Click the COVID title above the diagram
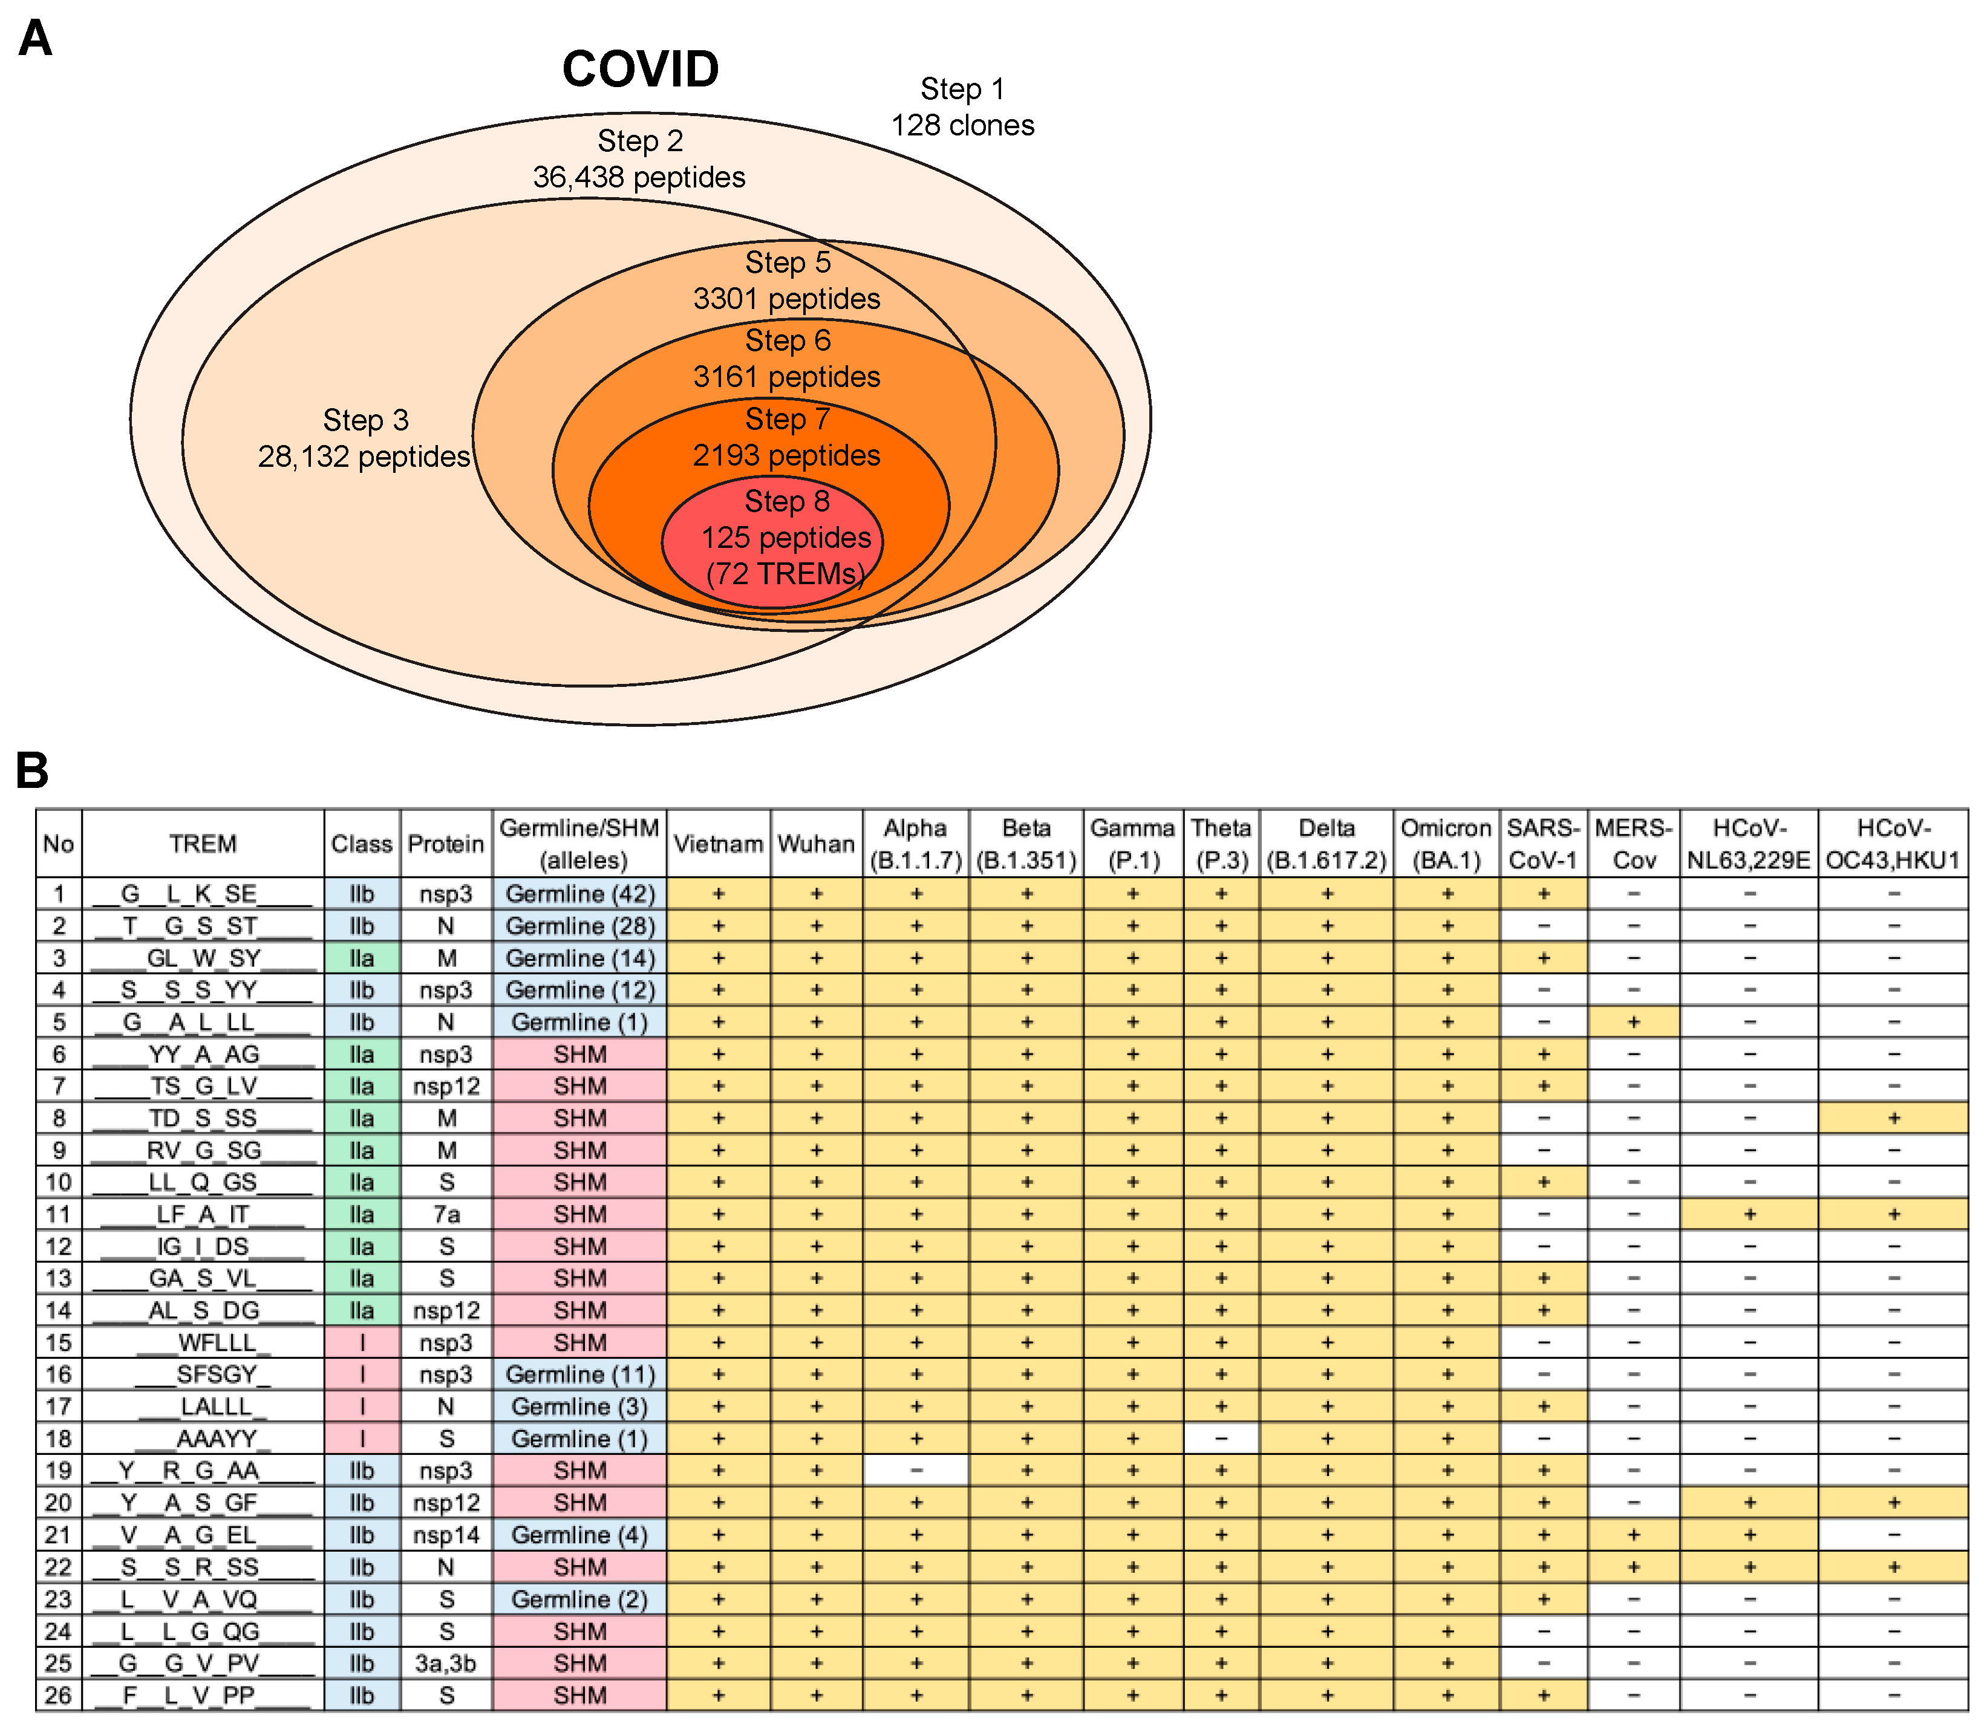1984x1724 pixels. (x=640, y=70)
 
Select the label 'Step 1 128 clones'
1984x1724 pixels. (x=962, y=107)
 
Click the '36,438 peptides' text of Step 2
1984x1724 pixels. (x=639, y=177)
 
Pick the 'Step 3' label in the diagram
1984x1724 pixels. (x=365, y=420)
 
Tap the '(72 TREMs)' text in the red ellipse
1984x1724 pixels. (x=785, y=573)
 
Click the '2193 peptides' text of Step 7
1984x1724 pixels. (x=786, y=455)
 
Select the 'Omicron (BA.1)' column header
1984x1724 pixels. (x=1445, y=844)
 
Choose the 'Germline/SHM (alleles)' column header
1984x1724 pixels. (x=579, y=844)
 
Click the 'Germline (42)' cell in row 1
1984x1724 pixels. (x=579, y=894)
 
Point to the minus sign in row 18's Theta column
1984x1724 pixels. (x=1221, y=1438)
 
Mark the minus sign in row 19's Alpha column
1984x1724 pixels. (x=916, y=1470)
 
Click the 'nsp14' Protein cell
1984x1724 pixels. (x=445, y=1535)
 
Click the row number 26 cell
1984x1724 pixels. (x=59, y=1695)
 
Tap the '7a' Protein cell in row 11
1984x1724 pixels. (x=445, y=1214)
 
